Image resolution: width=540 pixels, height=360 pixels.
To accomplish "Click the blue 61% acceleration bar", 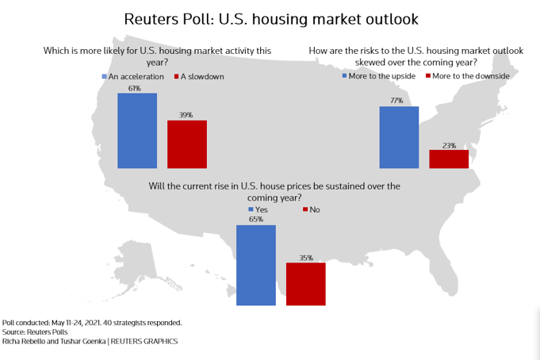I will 137,131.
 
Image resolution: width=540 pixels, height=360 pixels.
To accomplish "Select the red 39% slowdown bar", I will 186,144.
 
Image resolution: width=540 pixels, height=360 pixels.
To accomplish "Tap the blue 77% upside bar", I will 399,137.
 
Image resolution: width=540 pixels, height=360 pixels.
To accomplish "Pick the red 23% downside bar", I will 449,159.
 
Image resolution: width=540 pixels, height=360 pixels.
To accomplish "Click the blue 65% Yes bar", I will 256,265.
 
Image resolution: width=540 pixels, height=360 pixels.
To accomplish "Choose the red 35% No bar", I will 306,284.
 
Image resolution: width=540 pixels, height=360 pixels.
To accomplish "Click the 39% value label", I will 186,115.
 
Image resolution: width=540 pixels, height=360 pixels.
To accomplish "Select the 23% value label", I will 449,144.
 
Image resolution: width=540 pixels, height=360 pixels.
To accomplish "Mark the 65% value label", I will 256,220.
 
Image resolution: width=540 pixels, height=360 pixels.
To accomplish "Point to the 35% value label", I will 306,258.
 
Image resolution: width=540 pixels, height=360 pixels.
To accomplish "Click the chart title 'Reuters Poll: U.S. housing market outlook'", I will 270,17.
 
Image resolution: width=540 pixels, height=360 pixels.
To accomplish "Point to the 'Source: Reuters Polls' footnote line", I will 35,332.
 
